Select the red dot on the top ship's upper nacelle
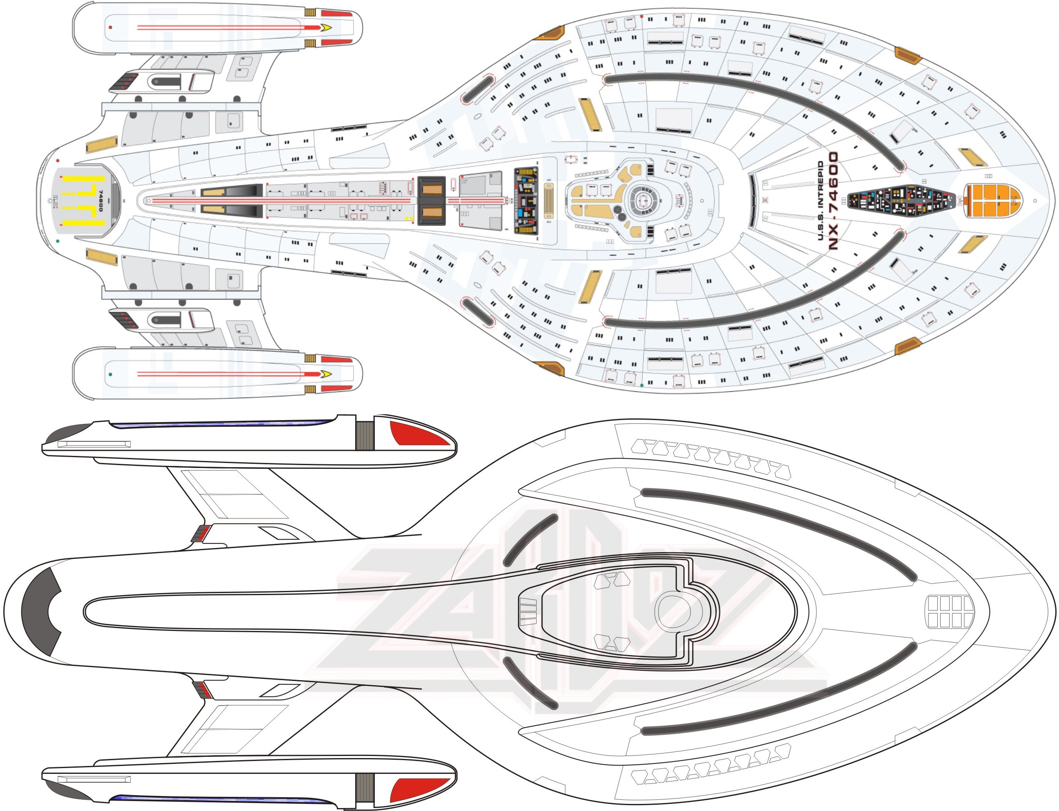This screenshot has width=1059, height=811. pyautogui.click(x=110, y=28)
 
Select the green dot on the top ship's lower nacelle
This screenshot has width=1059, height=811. pyautogui.click(x=110, y=374)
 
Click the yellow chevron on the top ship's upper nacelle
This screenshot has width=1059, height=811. pyautogui.click(x=326, y=28)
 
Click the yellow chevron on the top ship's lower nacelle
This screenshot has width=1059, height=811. pyautogui.click(x=326, y=374)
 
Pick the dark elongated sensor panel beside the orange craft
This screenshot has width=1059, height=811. pyautogui.click(x=901, y=200)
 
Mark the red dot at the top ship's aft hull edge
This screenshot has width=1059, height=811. pyautogui.click(x=58, y=160)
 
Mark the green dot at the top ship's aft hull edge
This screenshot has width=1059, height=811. pyautogui.click(x=58, y=240)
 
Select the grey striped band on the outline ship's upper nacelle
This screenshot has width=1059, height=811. pyautogui.click(x=364, y=436)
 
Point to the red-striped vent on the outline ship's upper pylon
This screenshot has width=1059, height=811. pyautogui.click(x=201, y=533)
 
